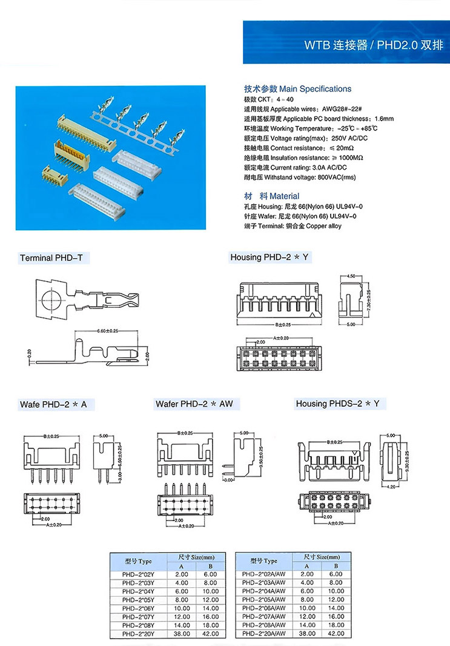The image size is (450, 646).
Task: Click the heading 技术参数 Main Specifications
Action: pyautogui.click(x=297, y=88)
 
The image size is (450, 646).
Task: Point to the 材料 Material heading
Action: pyautogui.click(x=271, y=196)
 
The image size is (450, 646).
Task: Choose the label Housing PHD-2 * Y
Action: pyautogui.click(x=270, y=258)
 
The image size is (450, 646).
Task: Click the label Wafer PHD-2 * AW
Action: pyautogui.click(x=194, y=404)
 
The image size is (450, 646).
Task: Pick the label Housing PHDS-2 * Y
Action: pyautogui.click(x=337, y=404)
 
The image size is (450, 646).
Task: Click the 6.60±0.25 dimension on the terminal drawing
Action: pyautogui.click(x=107, y=331)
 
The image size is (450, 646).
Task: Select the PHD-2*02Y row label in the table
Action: pyautogui.click(x=138, y=574)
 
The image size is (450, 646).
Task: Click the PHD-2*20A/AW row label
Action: pyautogui.click(x=263, y=633)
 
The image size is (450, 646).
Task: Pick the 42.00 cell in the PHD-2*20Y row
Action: pyautogui.click(x=210, y=633)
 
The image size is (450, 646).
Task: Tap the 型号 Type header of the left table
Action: pyautogui.click(x=138, y=561)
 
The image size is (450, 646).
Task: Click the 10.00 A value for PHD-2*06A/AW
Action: pyautogui.click(x=307, y=608)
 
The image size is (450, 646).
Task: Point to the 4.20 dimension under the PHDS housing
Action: pyautogui.click(x=391, y=487)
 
